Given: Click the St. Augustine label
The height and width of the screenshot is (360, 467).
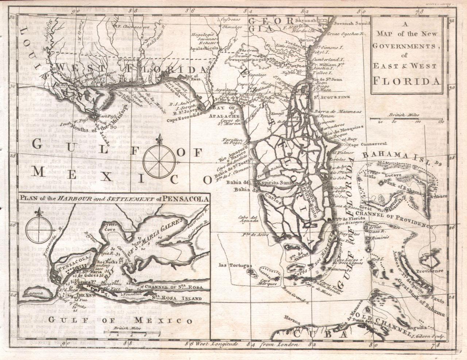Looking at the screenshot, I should tap(331, 97).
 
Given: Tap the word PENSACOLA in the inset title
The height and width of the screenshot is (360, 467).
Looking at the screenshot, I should tap(187, 199).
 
